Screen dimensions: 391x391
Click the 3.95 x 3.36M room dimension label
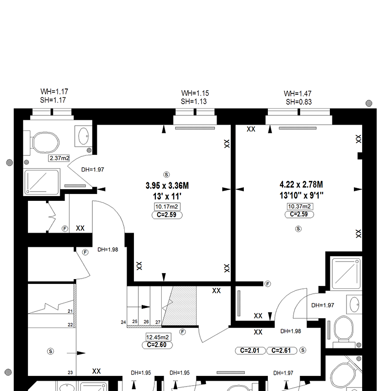pos(167,186)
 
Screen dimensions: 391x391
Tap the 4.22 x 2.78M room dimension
pos(301,185)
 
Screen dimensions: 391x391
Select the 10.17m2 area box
pos(167,206)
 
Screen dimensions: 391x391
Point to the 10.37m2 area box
pos(299,206)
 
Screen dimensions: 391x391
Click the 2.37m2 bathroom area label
pos(59,158)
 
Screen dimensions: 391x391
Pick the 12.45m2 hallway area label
pos(157,337)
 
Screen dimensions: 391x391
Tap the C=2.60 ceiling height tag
pos(157,345)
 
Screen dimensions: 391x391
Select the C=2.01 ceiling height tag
pos(250,350)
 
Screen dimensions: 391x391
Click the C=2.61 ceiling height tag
pos(282,350)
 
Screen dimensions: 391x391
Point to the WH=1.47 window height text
pos(298,94)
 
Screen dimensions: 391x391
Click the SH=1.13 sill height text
pos(194,102)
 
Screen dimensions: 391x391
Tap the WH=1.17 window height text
pos(54,91)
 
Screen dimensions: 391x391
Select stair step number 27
pos(158,322)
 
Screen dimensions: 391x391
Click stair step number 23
pos(70,372)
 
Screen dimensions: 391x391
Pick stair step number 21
pos(70,311)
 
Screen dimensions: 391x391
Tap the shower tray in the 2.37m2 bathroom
pos(42,182)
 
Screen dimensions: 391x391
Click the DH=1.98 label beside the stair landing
pos(108,250)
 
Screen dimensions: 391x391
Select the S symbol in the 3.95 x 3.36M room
pos(166,174)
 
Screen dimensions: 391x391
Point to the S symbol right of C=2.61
pos(303,350)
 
